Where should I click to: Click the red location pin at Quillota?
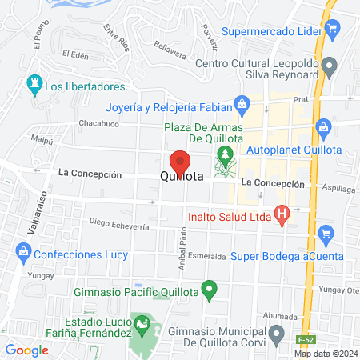click(180, 163)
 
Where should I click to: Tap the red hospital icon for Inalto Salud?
click(281, 214)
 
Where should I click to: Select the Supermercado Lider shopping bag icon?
click(334, 32)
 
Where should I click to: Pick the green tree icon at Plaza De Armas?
click(226, 153)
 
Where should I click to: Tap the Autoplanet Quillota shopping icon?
click(324, 126)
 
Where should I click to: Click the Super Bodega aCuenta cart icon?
click(325, 234)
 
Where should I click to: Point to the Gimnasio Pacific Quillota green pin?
click(210, 289)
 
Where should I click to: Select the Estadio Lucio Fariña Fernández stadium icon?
click(142, 324)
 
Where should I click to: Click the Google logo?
click(27, 350)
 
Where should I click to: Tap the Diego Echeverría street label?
click(119, 223)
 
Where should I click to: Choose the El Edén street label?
click(74, 54)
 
